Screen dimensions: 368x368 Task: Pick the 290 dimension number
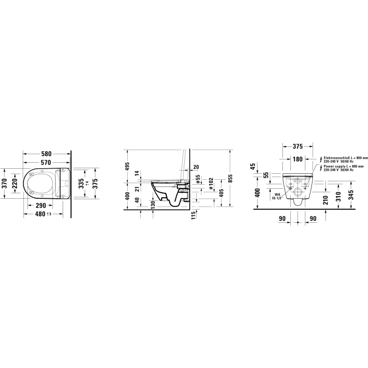coord(41,205)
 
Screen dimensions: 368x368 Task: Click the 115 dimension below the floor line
coord(192,215)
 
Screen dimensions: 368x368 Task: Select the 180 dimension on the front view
coord(298,159)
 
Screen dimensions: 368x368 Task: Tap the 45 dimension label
coord(253,166)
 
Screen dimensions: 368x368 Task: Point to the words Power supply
coord(331,166)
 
